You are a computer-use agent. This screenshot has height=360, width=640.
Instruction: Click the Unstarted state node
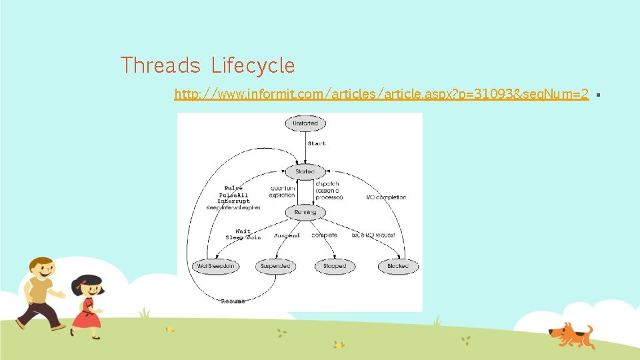(x=305, y=123)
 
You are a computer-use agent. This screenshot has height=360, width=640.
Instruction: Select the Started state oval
(x=305, y=171)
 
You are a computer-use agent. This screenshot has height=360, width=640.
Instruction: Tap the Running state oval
(x=305, y=212)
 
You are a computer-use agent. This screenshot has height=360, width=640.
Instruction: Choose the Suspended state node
(x=275, y=266)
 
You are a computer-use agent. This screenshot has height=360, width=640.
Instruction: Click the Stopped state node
(x=334, y=266)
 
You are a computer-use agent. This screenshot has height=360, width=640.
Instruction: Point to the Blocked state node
(x=398, y=266)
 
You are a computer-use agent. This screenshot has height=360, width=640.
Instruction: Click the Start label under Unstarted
(x=317, y=144)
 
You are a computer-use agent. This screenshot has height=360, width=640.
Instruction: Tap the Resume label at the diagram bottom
(x=233, y=301)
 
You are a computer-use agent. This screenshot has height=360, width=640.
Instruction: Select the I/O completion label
(x=387, y=197)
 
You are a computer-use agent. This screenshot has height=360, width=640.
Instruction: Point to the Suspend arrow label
(x=287, y=235)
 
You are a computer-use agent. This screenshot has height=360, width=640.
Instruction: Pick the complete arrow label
(x=324, y=235)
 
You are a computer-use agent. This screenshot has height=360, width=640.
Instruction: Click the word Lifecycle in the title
(x=253, y=65)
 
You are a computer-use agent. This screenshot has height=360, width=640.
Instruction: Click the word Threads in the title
(x=160, y=65)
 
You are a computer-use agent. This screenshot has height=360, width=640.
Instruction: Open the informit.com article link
(x=381, y=95)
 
